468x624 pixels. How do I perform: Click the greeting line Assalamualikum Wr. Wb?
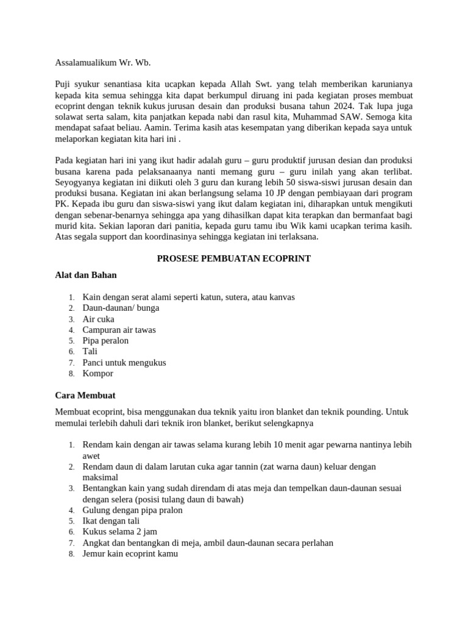[x=102, y=62]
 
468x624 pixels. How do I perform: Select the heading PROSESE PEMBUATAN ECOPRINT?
[x=234, y=258]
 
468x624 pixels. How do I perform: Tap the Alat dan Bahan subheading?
[x=86, y=275]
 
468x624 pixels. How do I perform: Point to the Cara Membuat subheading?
[x=85, y=395]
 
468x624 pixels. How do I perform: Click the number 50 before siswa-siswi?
[x=302, y=183]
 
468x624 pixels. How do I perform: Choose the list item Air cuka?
[x=98, y=319]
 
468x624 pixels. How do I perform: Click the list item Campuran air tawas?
[x=119, y=330]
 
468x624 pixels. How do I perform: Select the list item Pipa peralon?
[x=105, y=341]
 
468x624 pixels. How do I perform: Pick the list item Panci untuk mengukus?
[x=124, y=363]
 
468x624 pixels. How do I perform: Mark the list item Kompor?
[x=97, y=374]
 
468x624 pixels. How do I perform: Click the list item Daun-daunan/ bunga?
[x=121, y=308]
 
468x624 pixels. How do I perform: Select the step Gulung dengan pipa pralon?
[x=132, y=510]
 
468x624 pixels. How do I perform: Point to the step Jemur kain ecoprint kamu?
[x=130, y=554]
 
